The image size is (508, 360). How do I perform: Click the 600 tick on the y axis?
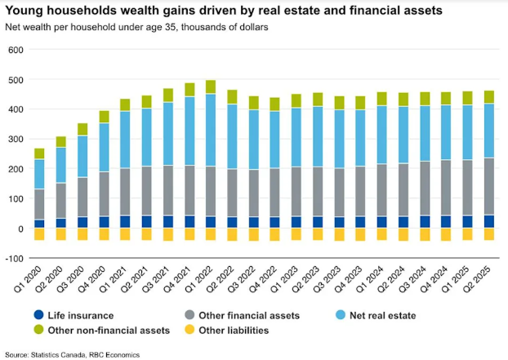click(x=16, y=50)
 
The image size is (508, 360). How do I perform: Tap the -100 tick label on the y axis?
click(x=14, y=259)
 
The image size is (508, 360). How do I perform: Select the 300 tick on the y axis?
click(x=16, y=140)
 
